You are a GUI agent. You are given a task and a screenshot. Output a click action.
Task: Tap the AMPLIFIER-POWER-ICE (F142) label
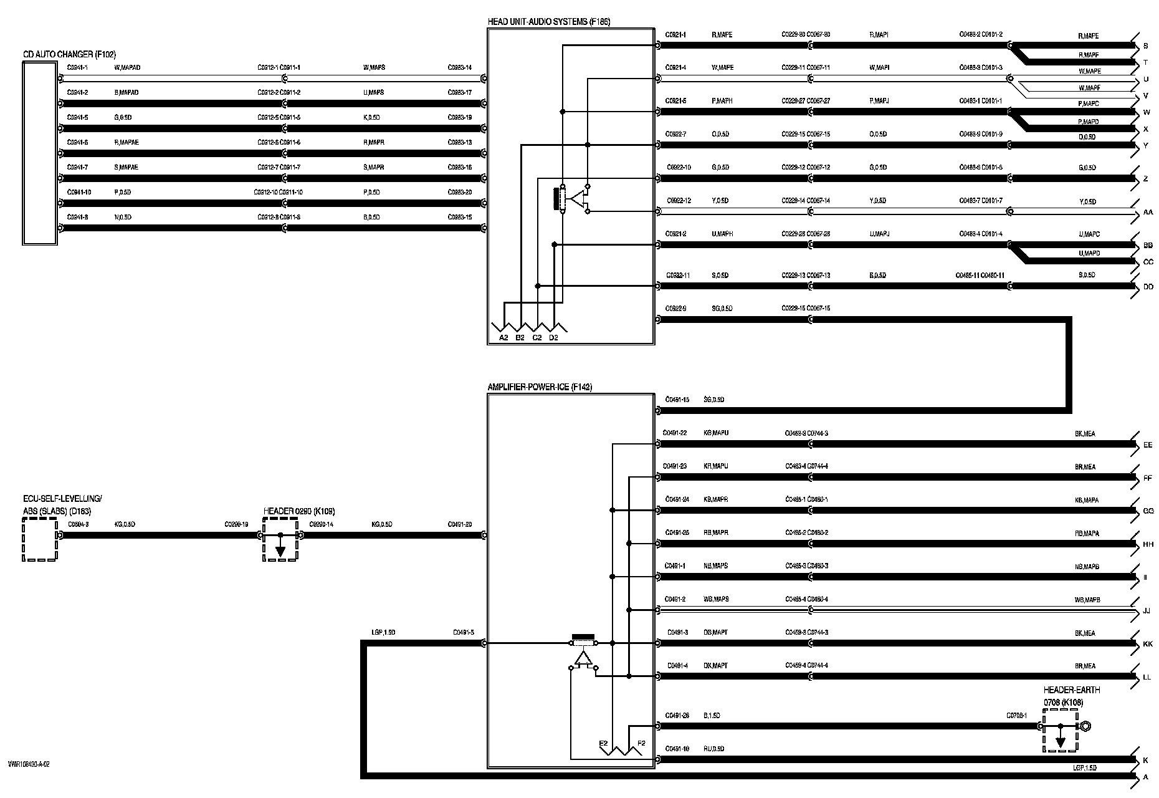tap(540, 387)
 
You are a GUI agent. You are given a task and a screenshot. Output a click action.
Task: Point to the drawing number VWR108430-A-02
tap(29, 764)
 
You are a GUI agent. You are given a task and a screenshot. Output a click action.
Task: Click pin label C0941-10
tap(79, 192)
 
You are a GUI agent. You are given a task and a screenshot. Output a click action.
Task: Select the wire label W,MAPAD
tap(127, 67)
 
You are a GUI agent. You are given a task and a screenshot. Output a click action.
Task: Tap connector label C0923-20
tap(460, 192)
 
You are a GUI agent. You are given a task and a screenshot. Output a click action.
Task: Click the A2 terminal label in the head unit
tap(504, 338)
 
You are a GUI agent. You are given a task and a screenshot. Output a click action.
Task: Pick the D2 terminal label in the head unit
tap(553, 338)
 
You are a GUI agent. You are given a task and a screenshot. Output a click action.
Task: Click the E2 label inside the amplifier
tap(603, 743)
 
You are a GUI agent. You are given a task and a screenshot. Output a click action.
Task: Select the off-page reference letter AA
tap(1148, 213)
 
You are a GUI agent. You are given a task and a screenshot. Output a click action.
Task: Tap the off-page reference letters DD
tap(1148, 287)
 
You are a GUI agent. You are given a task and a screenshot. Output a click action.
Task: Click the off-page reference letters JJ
tap(1147, 611)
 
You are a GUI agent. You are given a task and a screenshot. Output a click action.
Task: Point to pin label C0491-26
tap(677, 716)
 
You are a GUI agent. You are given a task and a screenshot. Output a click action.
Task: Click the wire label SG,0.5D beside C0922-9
tap(722, 309)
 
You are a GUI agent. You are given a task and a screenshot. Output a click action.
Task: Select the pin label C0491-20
tap(460, 524)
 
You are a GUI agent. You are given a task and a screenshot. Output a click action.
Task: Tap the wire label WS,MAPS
tap(716, 599)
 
